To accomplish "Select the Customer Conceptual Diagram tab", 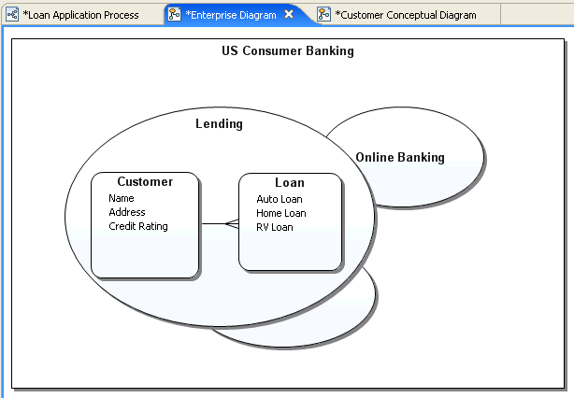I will (405, 15).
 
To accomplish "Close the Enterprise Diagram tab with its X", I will (289, 15).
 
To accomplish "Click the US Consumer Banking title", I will (287, 51).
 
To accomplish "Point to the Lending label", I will (219, 123).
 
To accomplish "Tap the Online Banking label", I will (400, 157).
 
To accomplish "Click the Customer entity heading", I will (145, 182).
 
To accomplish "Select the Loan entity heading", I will (290, 183).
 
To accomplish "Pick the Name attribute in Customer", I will (122, 198).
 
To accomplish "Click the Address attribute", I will (127, 212).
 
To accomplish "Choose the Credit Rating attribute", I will (138, 226).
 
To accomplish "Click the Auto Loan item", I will (280, 199).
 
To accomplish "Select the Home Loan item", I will (281, 213).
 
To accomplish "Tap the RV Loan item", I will (275, 227).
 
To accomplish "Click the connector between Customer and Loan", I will (219, 224).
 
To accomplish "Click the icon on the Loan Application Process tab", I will (12, 15).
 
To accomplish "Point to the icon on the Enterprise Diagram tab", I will (174, 15).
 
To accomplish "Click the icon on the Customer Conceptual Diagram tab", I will (323, 15).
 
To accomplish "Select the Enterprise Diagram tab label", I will (231, 15).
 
